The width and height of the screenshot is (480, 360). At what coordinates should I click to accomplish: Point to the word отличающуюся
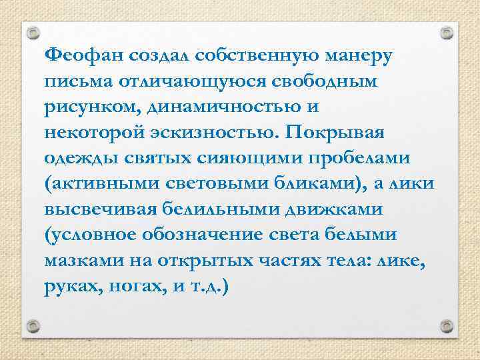(x=176, y=81)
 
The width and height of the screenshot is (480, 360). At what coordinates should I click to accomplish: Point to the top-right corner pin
(x=447, y=31)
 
